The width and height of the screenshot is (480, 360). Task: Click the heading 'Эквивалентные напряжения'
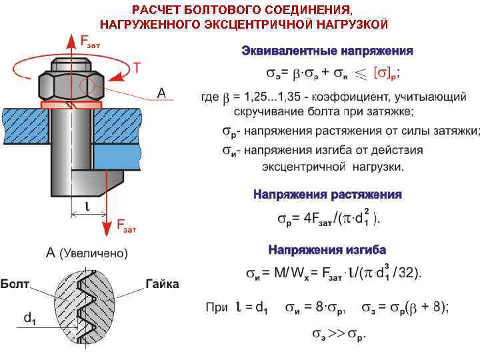(x=327, y=51)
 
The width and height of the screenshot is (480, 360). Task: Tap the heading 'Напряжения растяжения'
(x=327, y=195)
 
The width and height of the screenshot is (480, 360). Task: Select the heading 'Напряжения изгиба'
(x=327, y=250)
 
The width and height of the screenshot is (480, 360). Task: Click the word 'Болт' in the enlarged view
(x=15, y=284)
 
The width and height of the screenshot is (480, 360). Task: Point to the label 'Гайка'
(x=162, y=284)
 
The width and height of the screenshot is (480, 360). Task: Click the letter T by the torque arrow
(x=137, y=67)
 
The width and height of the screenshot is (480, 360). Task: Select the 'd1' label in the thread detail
(x=30, y=319)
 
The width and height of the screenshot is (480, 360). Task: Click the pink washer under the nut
(x=71, y=105)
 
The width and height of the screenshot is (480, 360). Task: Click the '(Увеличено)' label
(x=94, y=253)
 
